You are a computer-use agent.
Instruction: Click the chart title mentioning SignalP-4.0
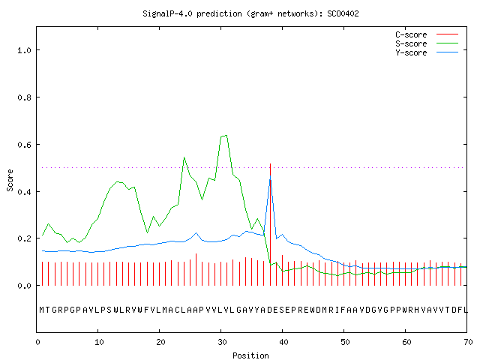[x=250, y=13]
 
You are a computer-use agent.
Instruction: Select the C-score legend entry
[x=427, y=34]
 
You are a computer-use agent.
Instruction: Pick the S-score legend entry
[x=427, y=43]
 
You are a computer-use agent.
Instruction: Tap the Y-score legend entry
[x=427, y=52]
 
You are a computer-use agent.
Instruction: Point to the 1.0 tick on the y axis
[x=24, y=50]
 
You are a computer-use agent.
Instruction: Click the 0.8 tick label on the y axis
[x=24, y=97]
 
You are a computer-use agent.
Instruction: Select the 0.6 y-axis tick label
[x=24, y=145]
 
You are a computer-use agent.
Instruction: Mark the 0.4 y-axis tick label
[x=24, y=192]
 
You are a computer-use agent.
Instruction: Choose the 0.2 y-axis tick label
[x=24, y=238]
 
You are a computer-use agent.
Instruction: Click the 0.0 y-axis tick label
[x=24, y=286]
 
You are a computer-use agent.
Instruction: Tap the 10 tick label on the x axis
[x=99, y=342]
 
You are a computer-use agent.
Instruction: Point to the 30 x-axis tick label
[x=222, y=342]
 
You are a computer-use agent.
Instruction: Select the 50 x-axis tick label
[x=345, y=342]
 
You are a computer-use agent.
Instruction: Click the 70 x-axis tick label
[x=468, y=342]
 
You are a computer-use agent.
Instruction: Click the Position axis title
[x=250, y=355]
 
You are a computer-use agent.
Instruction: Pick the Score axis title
[x=10, y=180]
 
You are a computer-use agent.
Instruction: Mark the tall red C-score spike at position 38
[x=270, y=224]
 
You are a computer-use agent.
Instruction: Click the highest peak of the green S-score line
[x=226, y=135]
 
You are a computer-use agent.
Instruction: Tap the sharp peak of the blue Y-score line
[x=270, y=176]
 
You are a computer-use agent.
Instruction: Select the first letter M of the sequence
[x=42, y=310]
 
